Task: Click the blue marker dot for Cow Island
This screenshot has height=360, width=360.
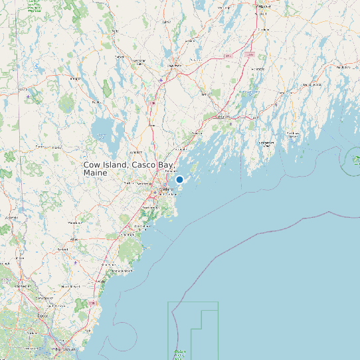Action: (x=179, y=179)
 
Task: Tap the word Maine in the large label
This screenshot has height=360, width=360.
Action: (x=96, y=173)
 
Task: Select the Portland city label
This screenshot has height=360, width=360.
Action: (x=166, y=189)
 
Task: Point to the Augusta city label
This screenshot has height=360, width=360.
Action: (x=264, y=5)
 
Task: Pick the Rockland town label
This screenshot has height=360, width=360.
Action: (x=344, y=68)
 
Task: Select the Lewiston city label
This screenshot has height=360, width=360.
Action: (x=175, y=66)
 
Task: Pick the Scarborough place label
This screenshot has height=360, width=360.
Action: (x=149, y=208)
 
